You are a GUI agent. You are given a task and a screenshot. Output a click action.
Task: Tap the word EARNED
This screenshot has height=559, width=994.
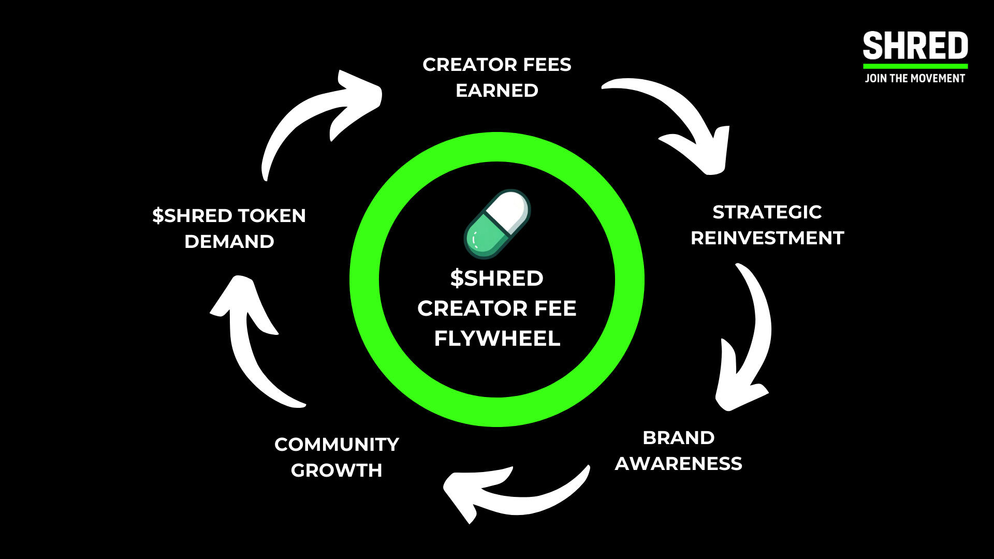pos(497,91)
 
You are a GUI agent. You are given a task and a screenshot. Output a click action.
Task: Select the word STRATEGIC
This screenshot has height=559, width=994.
pos(767,212)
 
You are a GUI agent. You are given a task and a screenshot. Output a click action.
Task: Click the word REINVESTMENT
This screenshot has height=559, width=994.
pos(767,238)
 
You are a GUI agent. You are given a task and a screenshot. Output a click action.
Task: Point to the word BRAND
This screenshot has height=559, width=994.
pos(678,438)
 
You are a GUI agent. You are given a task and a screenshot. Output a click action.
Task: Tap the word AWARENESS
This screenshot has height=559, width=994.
pos(678,464)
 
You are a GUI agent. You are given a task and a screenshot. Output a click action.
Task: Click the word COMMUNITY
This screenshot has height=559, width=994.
pos(337,445)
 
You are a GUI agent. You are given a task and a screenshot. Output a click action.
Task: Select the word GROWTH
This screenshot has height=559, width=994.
pos(337,470)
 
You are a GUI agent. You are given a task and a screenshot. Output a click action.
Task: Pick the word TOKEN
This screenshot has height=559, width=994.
pos(272,216)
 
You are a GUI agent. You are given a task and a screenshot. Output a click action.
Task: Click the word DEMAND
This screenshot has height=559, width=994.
pos(229,242)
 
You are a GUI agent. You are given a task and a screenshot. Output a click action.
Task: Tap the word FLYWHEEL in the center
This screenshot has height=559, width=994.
pos(497,339)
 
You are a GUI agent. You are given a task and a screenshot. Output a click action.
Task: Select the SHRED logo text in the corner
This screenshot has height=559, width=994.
pos(915,46)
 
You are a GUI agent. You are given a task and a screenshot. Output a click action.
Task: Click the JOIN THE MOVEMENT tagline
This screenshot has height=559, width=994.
pos(915,79)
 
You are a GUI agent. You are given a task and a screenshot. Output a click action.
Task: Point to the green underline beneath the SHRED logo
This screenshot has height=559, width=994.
pos(915,66)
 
